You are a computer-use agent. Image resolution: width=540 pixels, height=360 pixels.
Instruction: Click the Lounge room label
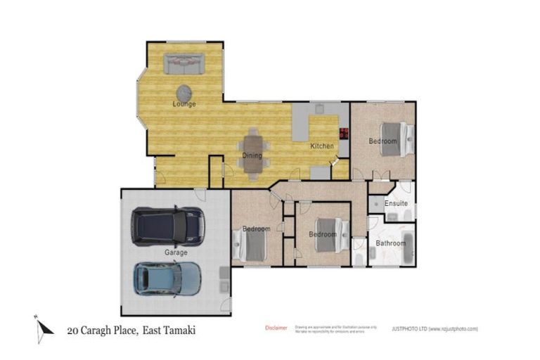point(184,104)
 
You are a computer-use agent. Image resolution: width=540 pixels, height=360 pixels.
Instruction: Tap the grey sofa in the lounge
point(184,64)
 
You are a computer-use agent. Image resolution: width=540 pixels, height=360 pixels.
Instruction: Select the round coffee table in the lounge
point(184,92)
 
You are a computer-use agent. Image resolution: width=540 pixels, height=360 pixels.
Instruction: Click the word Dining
point(252,155)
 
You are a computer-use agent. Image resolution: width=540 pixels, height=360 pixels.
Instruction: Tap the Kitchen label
point(322,146)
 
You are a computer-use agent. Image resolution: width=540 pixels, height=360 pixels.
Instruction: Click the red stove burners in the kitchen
point(344,134)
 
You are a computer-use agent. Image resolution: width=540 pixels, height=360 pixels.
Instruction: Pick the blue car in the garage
point(167,279)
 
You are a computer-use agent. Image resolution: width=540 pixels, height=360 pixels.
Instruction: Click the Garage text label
point(176,252)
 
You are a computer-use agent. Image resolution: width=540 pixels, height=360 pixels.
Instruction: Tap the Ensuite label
point(396,203)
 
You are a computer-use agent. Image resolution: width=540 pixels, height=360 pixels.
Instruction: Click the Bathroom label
point(390,243)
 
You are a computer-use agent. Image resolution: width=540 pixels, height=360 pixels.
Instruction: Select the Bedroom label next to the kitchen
point(383,141)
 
